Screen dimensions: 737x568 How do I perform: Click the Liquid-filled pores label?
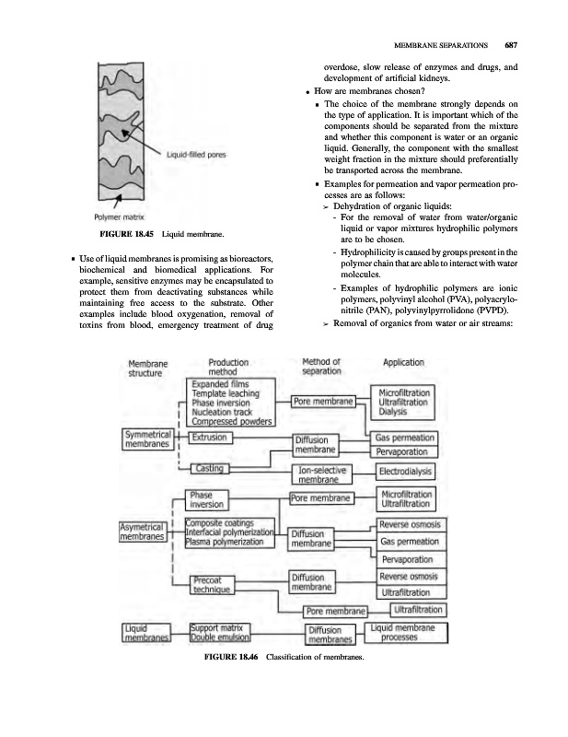[198, 154]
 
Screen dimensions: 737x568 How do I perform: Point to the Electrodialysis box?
[409, 473]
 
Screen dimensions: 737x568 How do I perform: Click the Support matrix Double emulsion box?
[221, 632]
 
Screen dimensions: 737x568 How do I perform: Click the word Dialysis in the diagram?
[396, 413]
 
